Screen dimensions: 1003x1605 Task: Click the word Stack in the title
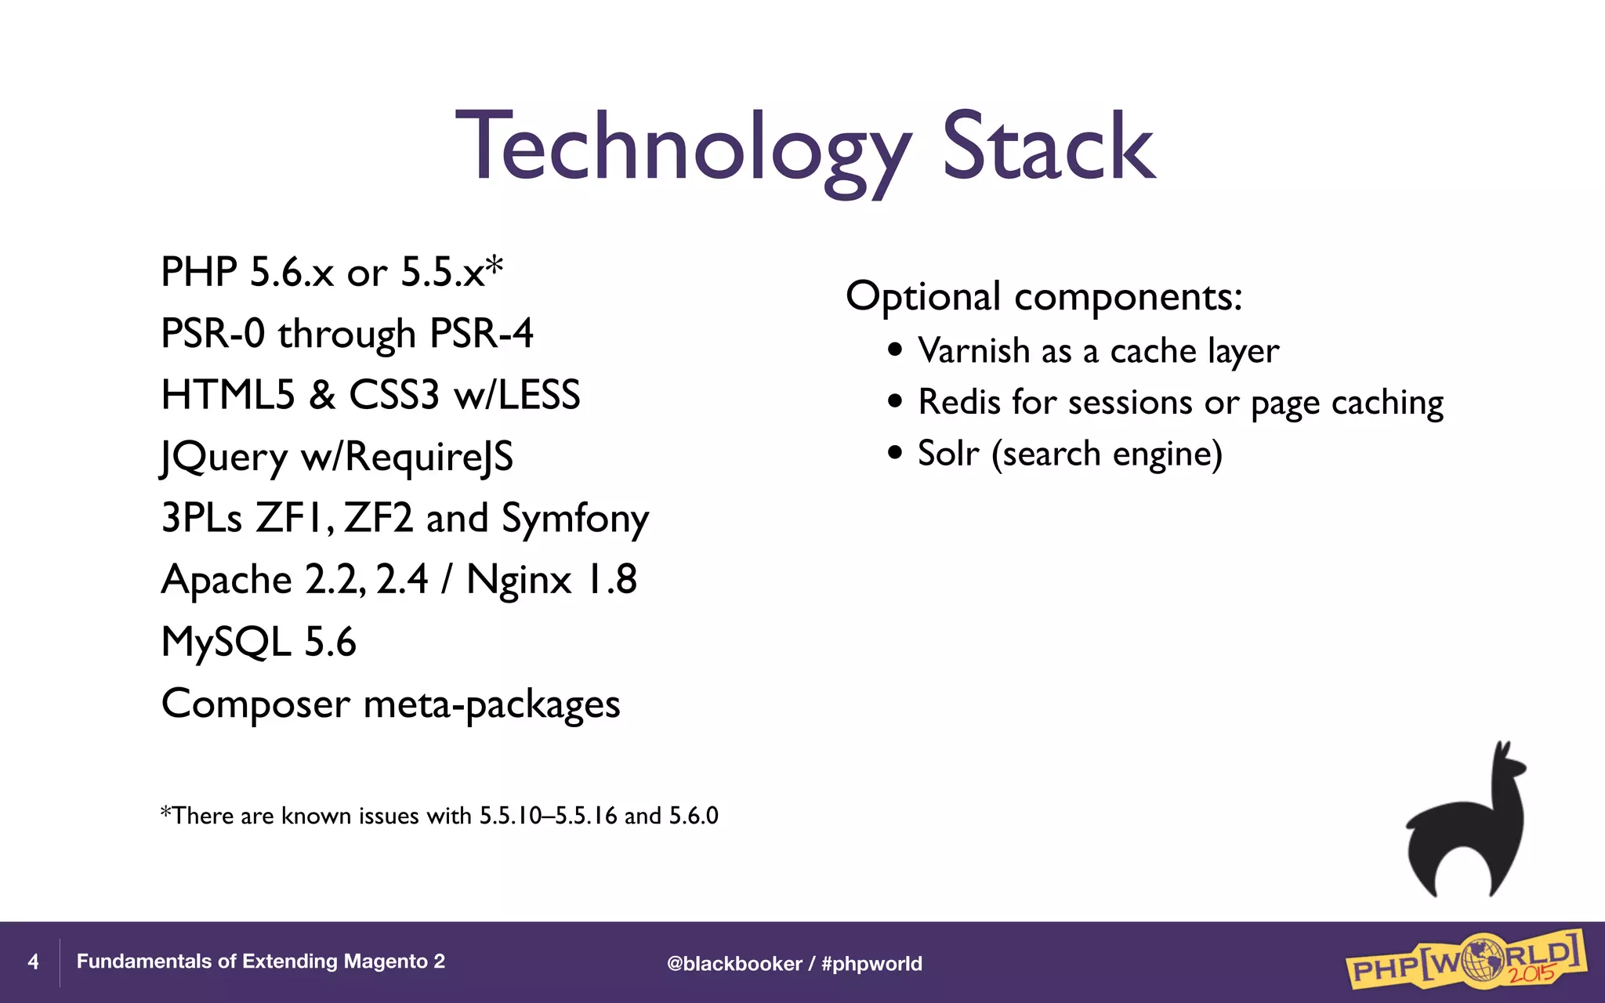click(x=1048, y=147)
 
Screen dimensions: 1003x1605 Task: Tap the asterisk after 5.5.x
click(x=494, y=269)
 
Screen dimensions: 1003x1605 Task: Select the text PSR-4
click(x=481, y=334)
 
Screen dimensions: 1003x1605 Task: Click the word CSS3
click(x=393, y=395)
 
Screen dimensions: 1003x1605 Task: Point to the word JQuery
click(x=224, y=458)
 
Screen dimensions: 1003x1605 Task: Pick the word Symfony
click(x=574, y=519)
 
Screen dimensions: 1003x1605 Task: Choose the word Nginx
click(x=518, y=581)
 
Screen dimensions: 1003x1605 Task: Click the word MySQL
click(x=226, y=642)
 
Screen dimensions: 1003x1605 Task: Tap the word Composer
click(x=255, y=704)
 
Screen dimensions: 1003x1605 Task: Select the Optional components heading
click(x=1043, y=297)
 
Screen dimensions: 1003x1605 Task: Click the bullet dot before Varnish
click(x=896, y=349)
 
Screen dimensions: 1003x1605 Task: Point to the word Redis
click(x=959, y=403)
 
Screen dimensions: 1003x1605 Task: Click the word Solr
click(x=948, y=454)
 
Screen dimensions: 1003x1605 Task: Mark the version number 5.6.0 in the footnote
click(x=694, y=816)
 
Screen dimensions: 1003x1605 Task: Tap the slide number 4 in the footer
click(x=33, y=961)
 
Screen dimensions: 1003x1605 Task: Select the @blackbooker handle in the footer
click(x=734, y=964)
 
